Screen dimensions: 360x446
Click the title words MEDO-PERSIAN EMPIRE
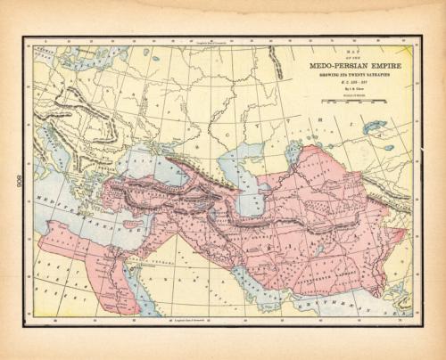[x=352, y=64]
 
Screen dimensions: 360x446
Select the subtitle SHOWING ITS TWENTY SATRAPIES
[x=352, y=75]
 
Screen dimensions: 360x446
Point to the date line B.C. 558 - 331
[x=352, y=83]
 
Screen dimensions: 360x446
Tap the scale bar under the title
[x=352, y=102]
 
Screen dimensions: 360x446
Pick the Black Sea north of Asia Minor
[x=142, y=166]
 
